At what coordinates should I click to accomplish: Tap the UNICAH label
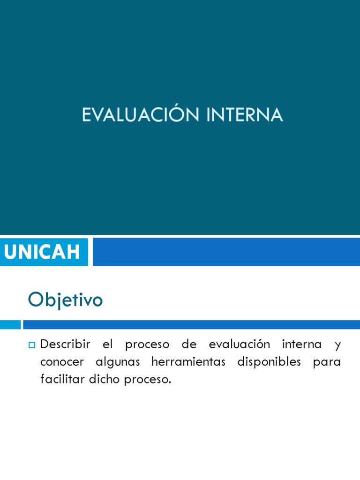click(x=42, y=252)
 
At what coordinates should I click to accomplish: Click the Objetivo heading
click(x=65, y=300)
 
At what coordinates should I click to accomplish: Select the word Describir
click(x=65, y=344)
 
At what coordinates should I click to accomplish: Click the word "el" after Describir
click(x=108, y=344)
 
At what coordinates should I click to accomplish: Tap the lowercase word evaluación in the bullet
click(x=240, y=344)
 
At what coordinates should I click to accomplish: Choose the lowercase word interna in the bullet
click(x=302, y=344)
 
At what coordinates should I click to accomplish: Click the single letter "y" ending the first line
click(x=338, y=345)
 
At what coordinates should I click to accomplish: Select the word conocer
click(x=62, y=362)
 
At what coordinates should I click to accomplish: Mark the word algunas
click(x=118, y=362)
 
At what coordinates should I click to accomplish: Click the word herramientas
click(x=188, y=362)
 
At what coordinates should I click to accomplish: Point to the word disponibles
click(x=270, y=362)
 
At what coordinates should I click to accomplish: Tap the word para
click(x=327, y=363)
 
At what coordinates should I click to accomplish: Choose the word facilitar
click(x=62, y=379)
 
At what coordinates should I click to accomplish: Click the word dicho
click(x=104, y=379)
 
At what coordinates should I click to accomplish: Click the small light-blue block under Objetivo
click(x=10, y=324)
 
